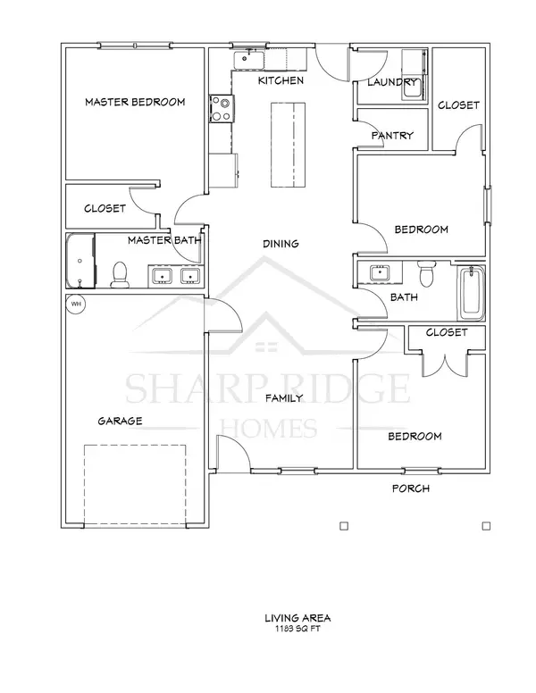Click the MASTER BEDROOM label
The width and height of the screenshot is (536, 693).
(135, 103)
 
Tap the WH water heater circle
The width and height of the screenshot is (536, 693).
(76, 304)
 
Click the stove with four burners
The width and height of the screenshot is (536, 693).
(221, 109)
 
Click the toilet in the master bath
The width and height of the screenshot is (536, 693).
(119, 274)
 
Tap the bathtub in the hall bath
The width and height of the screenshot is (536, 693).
(471, 292)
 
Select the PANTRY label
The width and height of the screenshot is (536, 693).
(392, 136)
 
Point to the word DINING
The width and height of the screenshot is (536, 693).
(281, 244)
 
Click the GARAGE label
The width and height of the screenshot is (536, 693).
(121, 421)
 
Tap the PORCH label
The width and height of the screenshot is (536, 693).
(412, 488)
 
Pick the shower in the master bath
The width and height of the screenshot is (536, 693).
(81, 261)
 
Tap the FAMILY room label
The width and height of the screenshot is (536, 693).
(284, 398)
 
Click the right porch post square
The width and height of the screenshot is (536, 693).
(487, 526)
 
